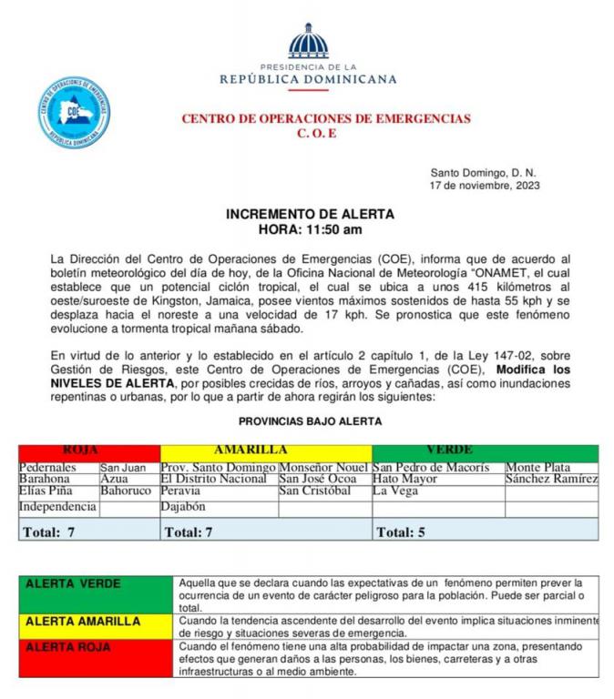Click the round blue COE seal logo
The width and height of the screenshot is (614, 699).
74,112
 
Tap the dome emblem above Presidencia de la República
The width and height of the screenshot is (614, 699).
307,43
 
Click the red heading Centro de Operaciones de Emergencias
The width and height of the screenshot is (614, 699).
326,118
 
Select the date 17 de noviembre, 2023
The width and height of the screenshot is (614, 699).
485,185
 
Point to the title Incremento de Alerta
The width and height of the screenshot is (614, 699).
310,214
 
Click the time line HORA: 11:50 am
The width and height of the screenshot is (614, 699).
310,229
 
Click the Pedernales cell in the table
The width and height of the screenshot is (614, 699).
48,468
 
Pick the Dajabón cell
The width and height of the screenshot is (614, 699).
183,507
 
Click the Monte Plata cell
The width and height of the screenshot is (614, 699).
537,468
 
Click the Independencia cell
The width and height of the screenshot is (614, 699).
57,507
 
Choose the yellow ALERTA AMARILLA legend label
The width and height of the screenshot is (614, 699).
83,622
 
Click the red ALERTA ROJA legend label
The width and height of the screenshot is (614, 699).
70,647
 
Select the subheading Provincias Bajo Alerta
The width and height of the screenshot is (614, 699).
310,421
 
